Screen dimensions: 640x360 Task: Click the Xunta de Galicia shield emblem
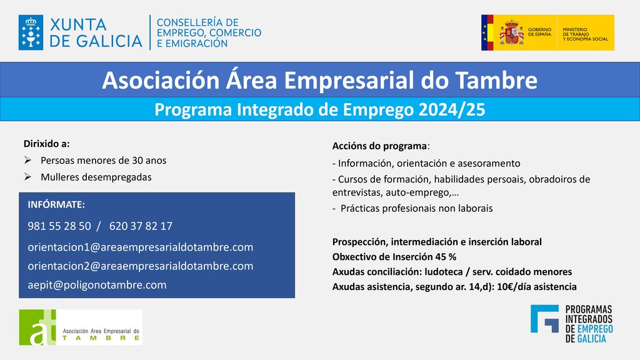[31, 32]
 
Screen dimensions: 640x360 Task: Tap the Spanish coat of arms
[511, 32]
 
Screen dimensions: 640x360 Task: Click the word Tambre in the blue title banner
[496, 80]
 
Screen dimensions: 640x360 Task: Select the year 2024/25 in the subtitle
[452, 110]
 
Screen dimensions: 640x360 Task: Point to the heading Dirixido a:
[46, 144]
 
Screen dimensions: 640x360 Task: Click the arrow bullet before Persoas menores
[27, 160]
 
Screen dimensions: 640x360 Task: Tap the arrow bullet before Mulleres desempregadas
[27, 177]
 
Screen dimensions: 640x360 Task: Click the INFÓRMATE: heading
[56, 204]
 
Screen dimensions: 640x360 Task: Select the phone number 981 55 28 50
[59, 226]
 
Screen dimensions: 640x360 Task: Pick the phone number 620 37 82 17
[141, 226]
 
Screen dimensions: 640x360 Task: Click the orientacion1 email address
[141, 247]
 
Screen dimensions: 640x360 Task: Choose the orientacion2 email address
[141, 266]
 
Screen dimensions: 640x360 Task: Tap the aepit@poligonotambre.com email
[97, 285]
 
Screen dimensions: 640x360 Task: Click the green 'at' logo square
[37, 327]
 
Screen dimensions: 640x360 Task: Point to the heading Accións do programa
[379, 146]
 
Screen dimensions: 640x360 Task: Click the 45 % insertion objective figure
[446, 257]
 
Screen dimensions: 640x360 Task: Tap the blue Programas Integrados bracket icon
[544, 319]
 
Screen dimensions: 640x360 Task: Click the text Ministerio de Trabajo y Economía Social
[585, 34]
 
